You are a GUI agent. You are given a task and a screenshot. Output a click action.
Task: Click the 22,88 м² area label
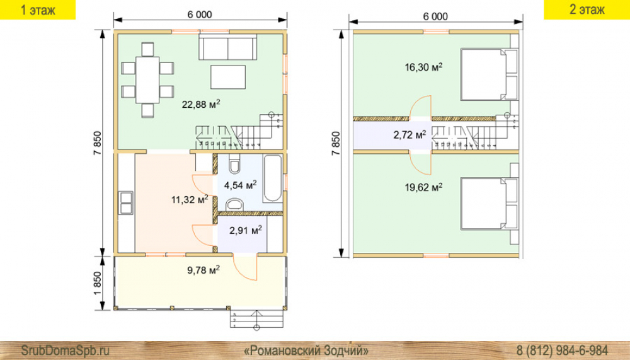(201, 105)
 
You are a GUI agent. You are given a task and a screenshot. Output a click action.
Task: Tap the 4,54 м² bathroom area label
(240, 185)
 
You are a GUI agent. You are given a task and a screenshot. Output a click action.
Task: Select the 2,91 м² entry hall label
(246, 230)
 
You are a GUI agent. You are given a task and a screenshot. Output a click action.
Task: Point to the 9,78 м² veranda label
(203, 269)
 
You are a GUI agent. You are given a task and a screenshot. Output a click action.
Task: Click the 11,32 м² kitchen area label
(190, 199)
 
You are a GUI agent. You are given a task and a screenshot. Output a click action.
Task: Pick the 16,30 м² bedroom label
(423, 67)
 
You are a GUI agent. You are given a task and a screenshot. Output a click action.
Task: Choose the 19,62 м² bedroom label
(423, 187)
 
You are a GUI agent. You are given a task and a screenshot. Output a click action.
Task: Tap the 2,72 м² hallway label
(409, 135)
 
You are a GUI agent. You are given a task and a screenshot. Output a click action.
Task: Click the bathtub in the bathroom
(273, 178)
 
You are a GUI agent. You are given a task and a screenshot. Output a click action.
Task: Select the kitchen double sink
(126, 203)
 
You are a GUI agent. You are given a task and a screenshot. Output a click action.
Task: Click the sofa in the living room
(228, 47)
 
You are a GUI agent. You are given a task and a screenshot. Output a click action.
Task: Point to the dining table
(147, 80)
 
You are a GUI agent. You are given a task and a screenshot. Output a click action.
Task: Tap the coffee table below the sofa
(228, 77)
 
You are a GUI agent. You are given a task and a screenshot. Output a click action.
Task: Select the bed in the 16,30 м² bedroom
(489, 74)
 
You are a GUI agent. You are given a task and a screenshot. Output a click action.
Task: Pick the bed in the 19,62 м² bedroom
(489, 204)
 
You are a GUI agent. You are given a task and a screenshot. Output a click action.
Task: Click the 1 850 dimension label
(97, 283)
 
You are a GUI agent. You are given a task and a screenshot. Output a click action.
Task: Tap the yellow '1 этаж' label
(38, 9)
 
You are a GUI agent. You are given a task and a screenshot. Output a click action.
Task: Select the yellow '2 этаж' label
(587, 9)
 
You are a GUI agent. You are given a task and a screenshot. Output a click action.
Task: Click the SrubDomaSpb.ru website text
(65, 350)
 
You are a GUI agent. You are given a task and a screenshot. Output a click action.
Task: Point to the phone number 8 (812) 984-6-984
(562, 350)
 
